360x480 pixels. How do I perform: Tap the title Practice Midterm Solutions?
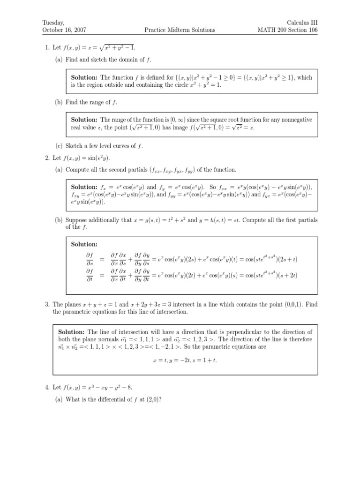click(x=180, y=30)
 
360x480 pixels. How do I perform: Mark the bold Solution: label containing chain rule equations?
click(x=84, y=244)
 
